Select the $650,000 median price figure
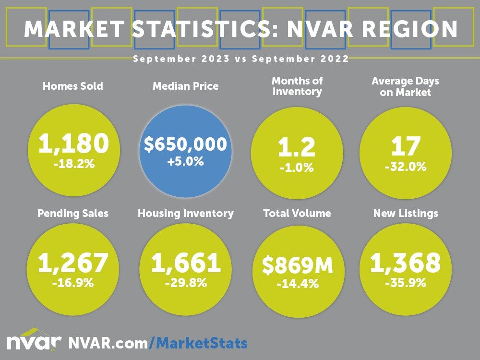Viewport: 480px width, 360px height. point(185,144)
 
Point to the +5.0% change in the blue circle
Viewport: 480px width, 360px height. point(185,162)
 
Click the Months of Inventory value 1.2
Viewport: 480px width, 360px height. point(297,148)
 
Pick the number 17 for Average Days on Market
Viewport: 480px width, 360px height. point(406,146)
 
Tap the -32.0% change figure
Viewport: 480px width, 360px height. point(406,168)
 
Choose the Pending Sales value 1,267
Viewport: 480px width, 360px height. point(73,263)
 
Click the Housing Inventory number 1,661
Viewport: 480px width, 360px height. point(186,263)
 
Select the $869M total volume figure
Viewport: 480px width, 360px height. point(297,266)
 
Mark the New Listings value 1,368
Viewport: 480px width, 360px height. point(406,263)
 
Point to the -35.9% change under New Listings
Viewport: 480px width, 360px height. point(406,283)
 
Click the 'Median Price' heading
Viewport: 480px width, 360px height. point(185,86)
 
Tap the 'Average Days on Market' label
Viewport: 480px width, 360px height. point(406,86)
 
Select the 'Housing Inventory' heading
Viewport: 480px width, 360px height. point(186,213)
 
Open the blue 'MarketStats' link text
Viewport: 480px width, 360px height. point(202,343)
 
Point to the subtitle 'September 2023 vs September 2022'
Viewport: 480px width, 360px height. point(240,59)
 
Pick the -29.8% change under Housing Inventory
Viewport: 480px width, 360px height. point(186,283)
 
